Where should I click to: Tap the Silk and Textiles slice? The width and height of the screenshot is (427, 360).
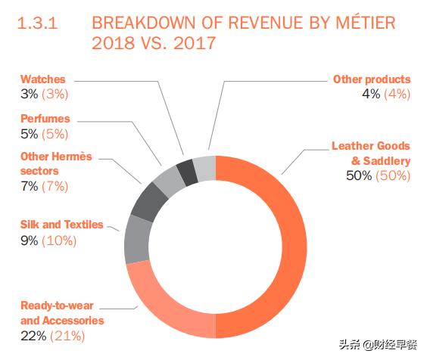pos(137,237)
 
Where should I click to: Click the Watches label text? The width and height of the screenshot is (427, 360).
pos(42,79)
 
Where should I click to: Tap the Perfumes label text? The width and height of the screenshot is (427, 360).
pos(45,119)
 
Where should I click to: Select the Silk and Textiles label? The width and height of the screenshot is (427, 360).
pos(61,225)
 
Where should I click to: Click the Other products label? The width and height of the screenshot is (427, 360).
pos(371,79)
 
